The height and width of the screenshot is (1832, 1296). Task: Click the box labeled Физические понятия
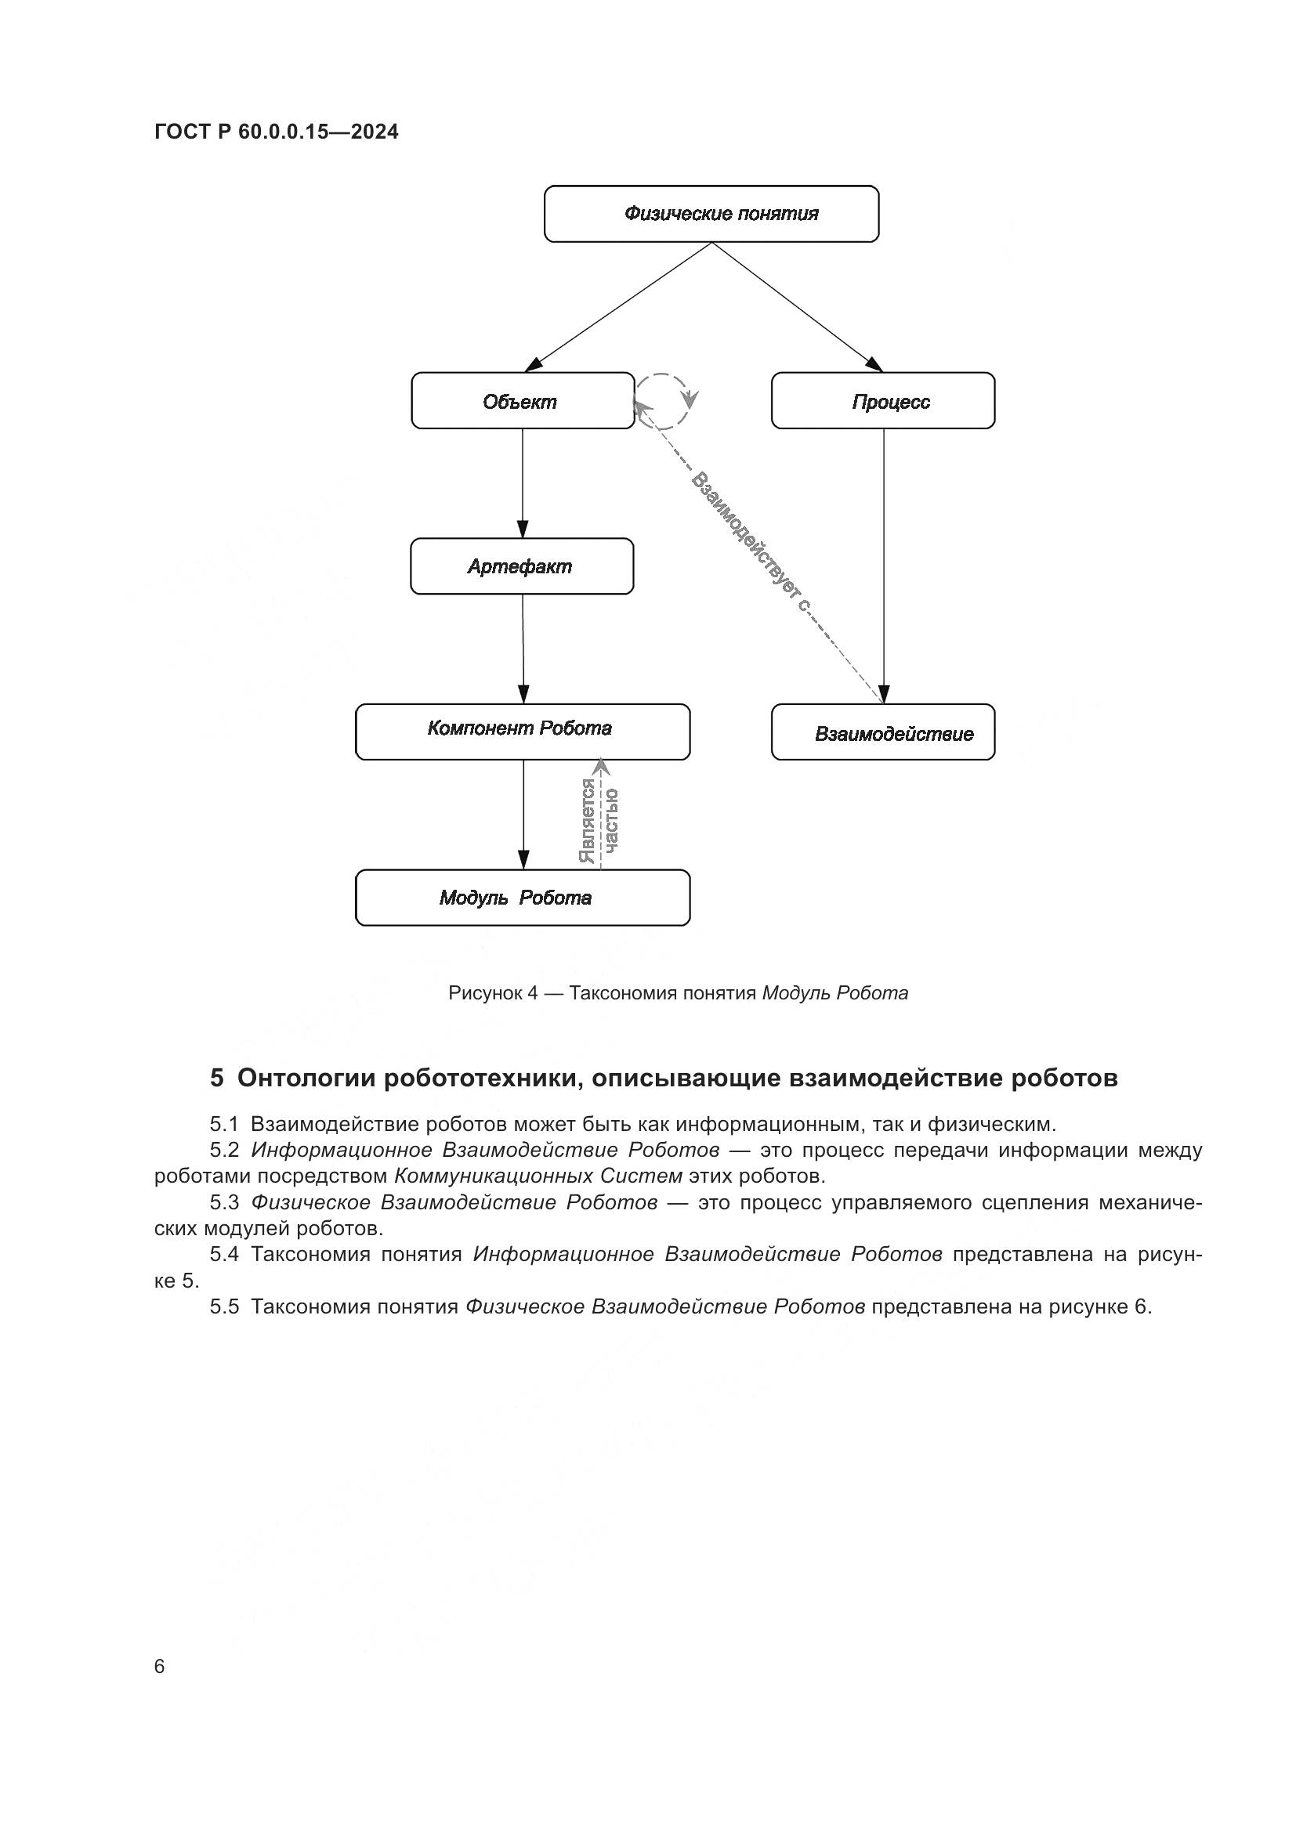coord(711,214)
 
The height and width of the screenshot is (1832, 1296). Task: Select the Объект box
coord(523,400)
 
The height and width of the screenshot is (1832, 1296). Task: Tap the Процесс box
coord(882,400)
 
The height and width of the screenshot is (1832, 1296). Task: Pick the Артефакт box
coord(522,566)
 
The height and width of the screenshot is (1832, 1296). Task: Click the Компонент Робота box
coord(523,732)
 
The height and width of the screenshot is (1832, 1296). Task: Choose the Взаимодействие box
coord(882,732)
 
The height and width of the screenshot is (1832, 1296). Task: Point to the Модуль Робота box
coord(523,898)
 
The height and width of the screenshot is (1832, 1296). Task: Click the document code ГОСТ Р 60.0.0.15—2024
coord(276,132)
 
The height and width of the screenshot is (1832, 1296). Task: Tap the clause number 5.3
coord(224,1202)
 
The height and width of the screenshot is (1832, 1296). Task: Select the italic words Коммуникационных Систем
coord(538,1176)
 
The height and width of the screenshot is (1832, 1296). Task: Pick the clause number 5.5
coord(224,1306)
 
